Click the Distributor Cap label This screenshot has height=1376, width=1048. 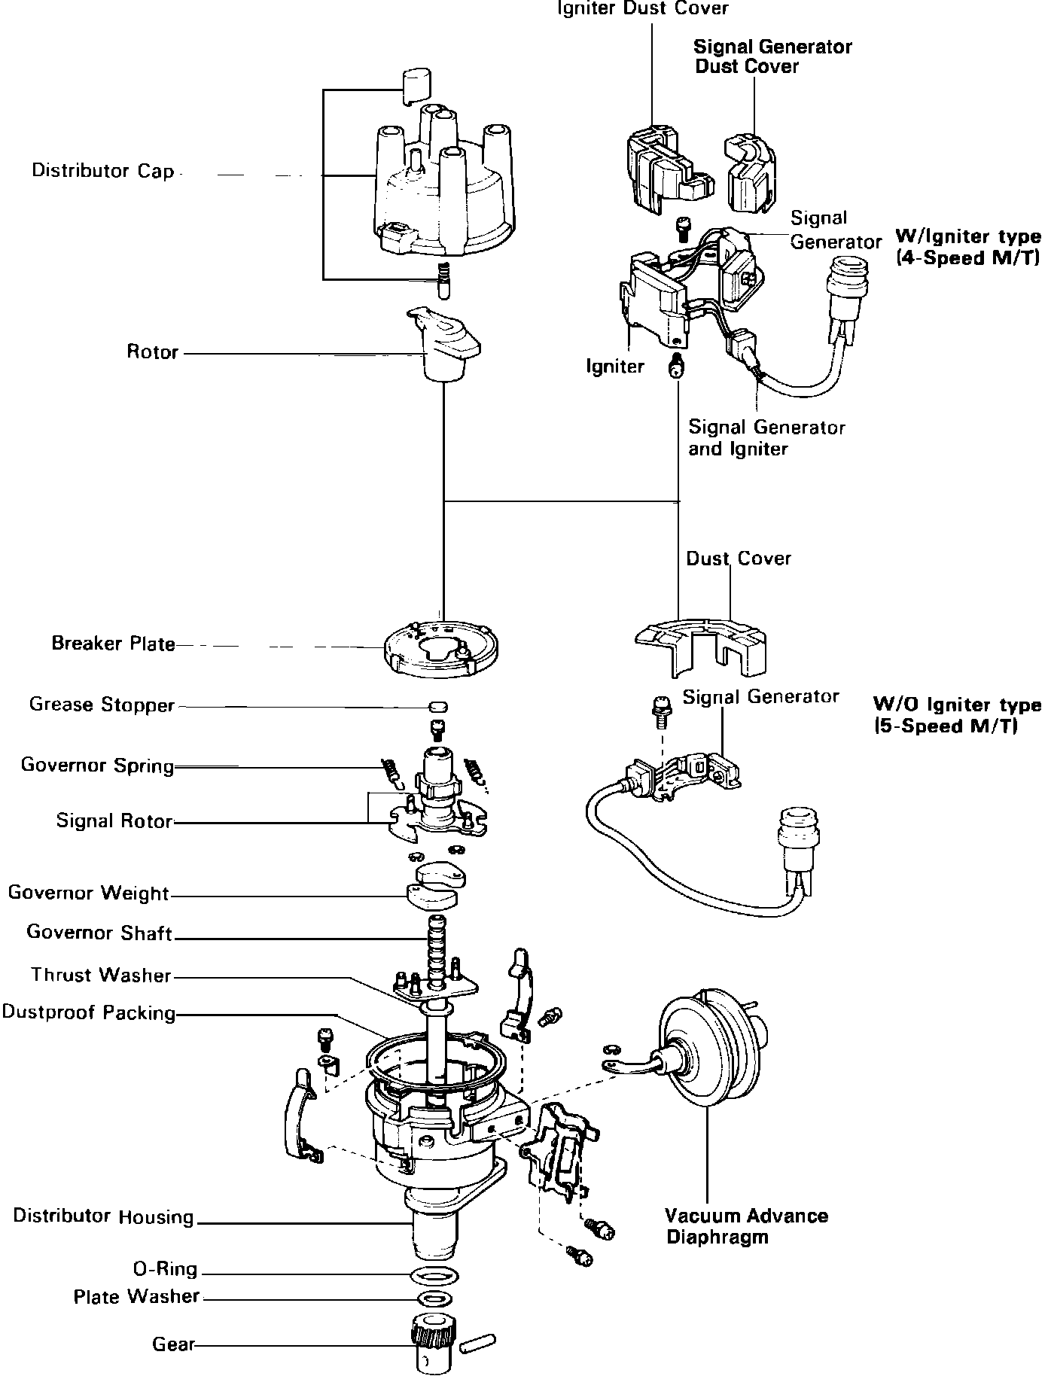pyautogui.click(x=102, y=171)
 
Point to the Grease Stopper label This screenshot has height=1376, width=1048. pyautogui.click(x=102, y=705)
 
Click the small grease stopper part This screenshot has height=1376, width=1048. pyautogui.click(x=437, y=707)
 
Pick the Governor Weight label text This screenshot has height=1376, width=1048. pyautogui.click(x=89, y=893)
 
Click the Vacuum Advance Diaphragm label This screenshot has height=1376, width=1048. pyautogui.click(x=746, y=1226)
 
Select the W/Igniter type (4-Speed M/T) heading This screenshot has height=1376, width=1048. pyautogui.click(x=967, y=247)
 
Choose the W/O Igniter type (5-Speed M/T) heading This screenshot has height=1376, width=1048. pyautogui.click(x=957, y=715)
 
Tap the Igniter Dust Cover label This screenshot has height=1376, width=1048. pyautogui.click(x=643, y=8)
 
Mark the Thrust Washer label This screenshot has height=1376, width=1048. pyautogui.click(x=101, y=976)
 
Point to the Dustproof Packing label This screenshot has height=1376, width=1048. pyautogui.click(x=89, y=1012)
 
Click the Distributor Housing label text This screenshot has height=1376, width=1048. pyautogui.click(x=103, y=1216)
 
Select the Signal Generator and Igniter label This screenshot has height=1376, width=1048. pyautogui.click(x=766, y=438)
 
